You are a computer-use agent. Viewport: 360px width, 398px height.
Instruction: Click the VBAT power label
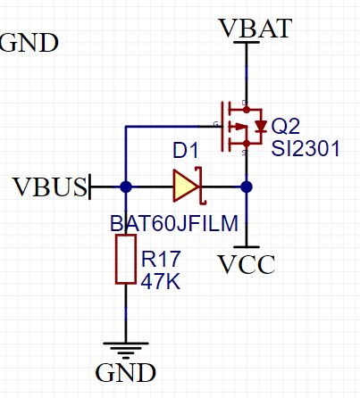[255, 29]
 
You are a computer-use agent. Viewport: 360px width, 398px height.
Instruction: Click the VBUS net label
[51, 187]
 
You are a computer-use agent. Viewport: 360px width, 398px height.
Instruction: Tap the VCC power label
[247, 264]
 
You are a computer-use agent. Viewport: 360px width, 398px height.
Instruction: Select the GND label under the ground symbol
[125, 372]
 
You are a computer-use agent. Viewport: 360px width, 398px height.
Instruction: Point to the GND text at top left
[29, 43]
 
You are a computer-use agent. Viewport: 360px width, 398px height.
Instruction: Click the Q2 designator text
[285, 126]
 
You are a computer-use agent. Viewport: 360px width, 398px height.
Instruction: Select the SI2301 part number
[306, 148]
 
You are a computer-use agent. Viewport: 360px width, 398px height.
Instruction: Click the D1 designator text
[185, 151]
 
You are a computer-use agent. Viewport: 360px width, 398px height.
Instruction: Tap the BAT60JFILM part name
[174, 223]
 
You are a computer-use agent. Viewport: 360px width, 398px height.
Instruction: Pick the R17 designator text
[161, 259]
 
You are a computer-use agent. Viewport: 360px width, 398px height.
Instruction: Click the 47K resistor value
[161, 281]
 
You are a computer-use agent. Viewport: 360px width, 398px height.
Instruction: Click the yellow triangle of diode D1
[186, 187]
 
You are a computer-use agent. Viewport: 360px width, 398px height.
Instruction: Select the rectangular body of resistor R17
[126, 259]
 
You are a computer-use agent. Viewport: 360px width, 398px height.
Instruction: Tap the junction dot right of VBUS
[126, 187]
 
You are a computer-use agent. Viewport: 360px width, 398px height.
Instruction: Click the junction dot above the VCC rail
[247, 187]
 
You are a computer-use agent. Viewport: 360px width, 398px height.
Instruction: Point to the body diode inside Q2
[261, 126]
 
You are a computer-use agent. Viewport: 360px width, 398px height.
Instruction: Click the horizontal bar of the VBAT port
[247, 42]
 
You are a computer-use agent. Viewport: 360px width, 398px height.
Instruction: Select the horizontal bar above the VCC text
[247, 247]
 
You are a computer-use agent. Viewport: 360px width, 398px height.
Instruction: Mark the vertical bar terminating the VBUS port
[89, 187]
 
